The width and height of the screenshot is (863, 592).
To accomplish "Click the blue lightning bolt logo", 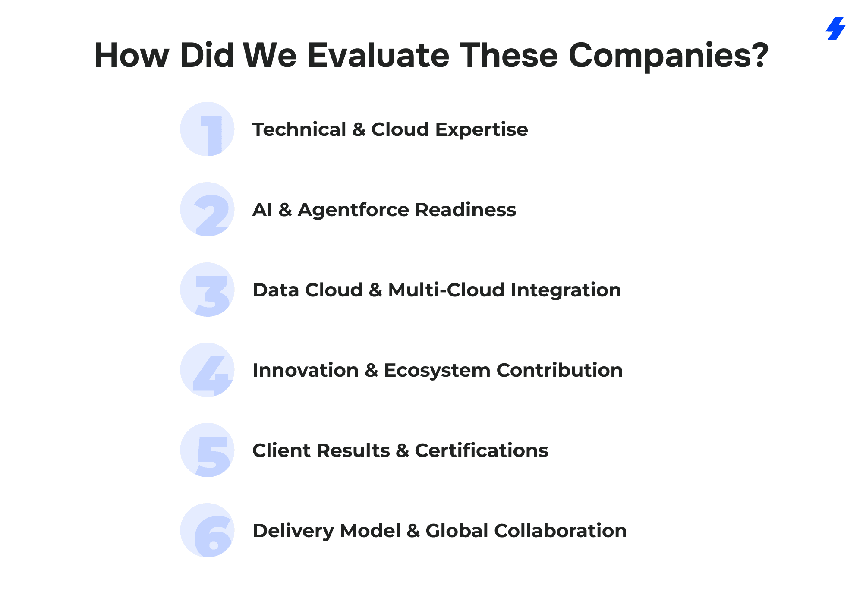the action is (835, 28).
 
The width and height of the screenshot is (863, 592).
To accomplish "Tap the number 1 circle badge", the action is (207, 129).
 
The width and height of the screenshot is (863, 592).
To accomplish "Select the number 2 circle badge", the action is (207, 209).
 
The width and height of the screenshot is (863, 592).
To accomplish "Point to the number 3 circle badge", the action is (207, 290).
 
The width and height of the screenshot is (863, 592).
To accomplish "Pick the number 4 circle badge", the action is (207, 370).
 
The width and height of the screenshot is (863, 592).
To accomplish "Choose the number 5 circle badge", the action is (207, 450).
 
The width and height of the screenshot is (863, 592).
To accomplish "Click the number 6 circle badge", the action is (207, 530).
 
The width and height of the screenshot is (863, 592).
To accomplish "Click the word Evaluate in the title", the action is (378, 55).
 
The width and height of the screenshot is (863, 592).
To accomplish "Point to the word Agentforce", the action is (353, 210).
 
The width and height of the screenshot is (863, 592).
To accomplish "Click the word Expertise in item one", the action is (482, 130).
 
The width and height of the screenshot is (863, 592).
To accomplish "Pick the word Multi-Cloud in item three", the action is (446, 290).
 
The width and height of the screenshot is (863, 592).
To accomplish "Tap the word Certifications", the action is (482, 450).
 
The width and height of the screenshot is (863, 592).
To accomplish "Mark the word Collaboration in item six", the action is (561, 531).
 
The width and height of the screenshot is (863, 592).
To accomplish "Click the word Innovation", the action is (306, 370).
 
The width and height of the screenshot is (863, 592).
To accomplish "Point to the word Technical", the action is (299, 129).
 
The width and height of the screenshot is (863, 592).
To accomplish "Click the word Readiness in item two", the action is (466, 210).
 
